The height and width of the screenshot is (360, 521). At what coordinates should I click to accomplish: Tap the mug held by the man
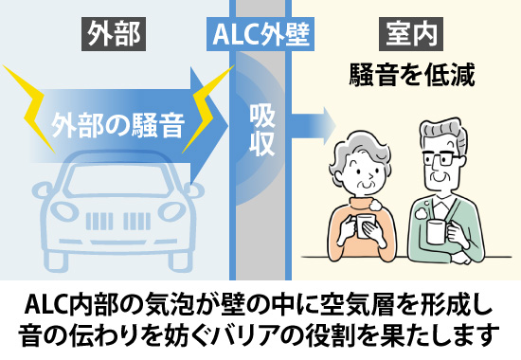(x=436, y=229)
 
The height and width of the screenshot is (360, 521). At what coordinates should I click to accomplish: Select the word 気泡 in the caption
(x=169, y=305)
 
